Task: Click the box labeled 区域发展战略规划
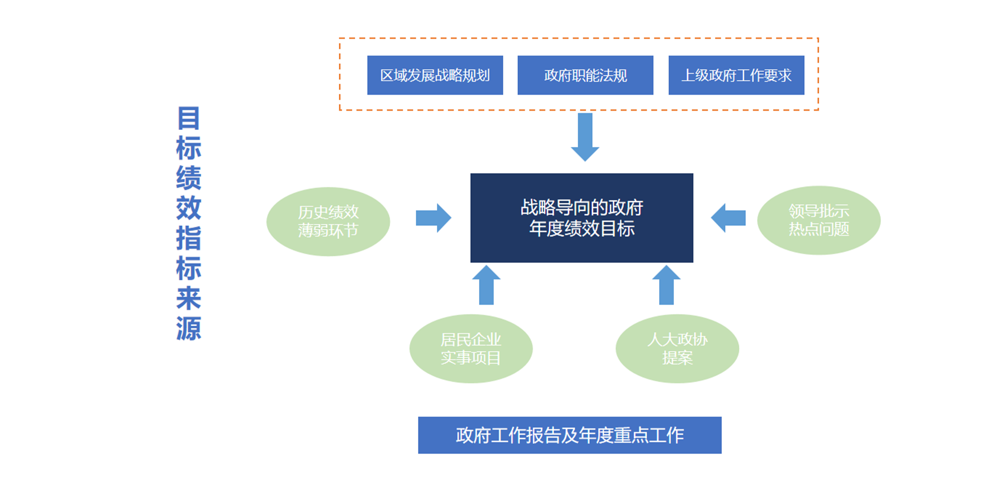pyautogui.click(x=435, y=75)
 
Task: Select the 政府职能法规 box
pyautogui.click(x=585, y=75)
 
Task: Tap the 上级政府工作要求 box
pyautogui.click(x=736, y=75)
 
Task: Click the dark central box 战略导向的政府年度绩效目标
pyautogui.click(x=581, y=218)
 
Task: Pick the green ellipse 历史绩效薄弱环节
pyautogui.click(x=328, y=222)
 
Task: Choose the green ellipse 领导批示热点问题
pyautogui.click(x=818, y=220)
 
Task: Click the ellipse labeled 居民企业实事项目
pyautogui.click(x=471, y=348)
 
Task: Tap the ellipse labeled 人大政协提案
pyautogui.click(x=677, y=348)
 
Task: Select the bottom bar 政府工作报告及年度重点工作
pyautogui.click(x=570, y=435)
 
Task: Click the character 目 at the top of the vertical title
pyautogui.click(x=189, y=118)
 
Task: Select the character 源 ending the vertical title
pyautogui.click(x=189, y=328)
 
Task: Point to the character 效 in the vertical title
pyautogui.click(x=189, y=208)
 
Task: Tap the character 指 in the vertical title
pyautogui.click(x=189, y=238)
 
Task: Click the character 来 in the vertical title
pyautogui.click(x=189, y=299)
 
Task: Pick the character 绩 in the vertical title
pyautogui.click(x=189, y=178)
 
